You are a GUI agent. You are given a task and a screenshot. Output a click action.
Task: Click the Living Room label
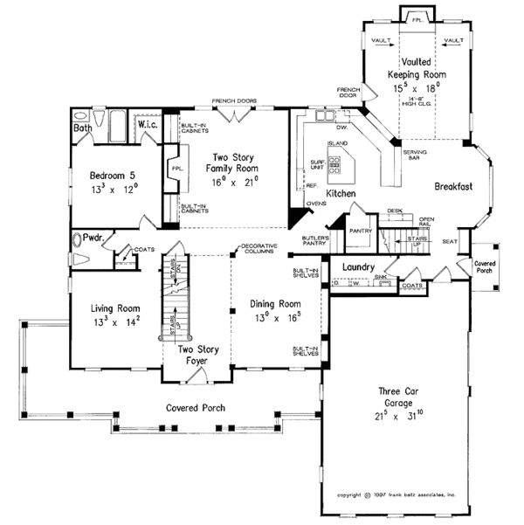[116, 307]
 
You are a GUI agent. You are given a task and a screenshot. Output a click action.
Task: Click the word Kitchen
[341, 192]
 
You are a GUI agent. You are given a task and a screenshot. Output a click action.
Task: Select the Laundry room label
[358, 267]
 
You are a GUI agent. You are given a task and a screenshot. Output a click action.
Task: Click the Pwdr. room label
[95, 238]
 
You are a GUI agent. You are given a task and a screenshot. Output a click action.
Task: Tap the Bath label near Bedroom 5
[83, 128]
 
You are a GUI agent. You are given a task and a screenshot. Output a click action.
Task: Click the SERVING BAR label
[415, 155]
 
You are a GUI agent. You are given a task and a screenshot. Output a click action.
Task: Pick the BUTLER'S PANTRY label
[315, 242]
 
